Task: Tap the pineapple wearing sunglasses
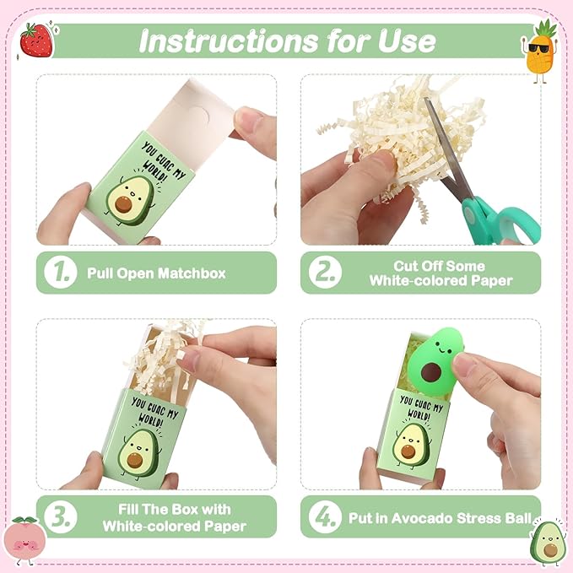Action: tap(541, 50)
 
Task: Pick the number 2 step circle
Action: tap(324, 273)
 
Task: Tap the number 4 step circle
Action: tap(324, 516)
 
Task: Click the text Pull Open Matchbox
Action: tap(156, 273)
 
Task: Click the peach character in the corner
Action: tap(25, 540)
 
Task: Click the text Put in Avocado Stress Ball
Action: tap(440, 517)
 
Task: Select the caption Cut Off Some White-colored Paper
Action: tap(440, 273)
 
